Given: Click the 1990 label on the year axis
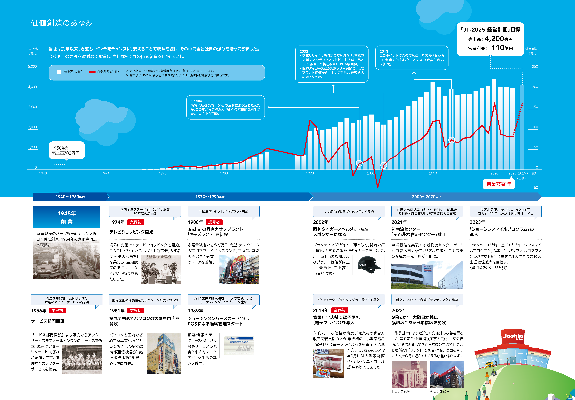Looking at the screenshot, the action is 310,173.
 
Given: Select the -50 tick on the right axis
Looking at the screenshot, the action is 535,187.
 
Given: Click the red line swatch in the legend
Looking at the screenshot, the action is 92,72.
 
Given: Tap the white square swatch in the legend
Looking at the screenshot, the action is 59,72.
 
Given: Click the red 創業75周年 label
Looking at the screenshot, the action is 499,184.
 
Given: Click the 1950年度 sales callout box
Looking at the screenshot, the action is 67,150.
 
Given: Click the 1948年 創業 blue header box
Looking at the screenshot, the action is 67,217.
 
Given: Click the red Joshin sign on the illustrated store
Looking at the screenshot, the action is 513,336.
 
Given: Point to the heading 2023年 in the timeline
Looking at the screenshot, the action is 477,222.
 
